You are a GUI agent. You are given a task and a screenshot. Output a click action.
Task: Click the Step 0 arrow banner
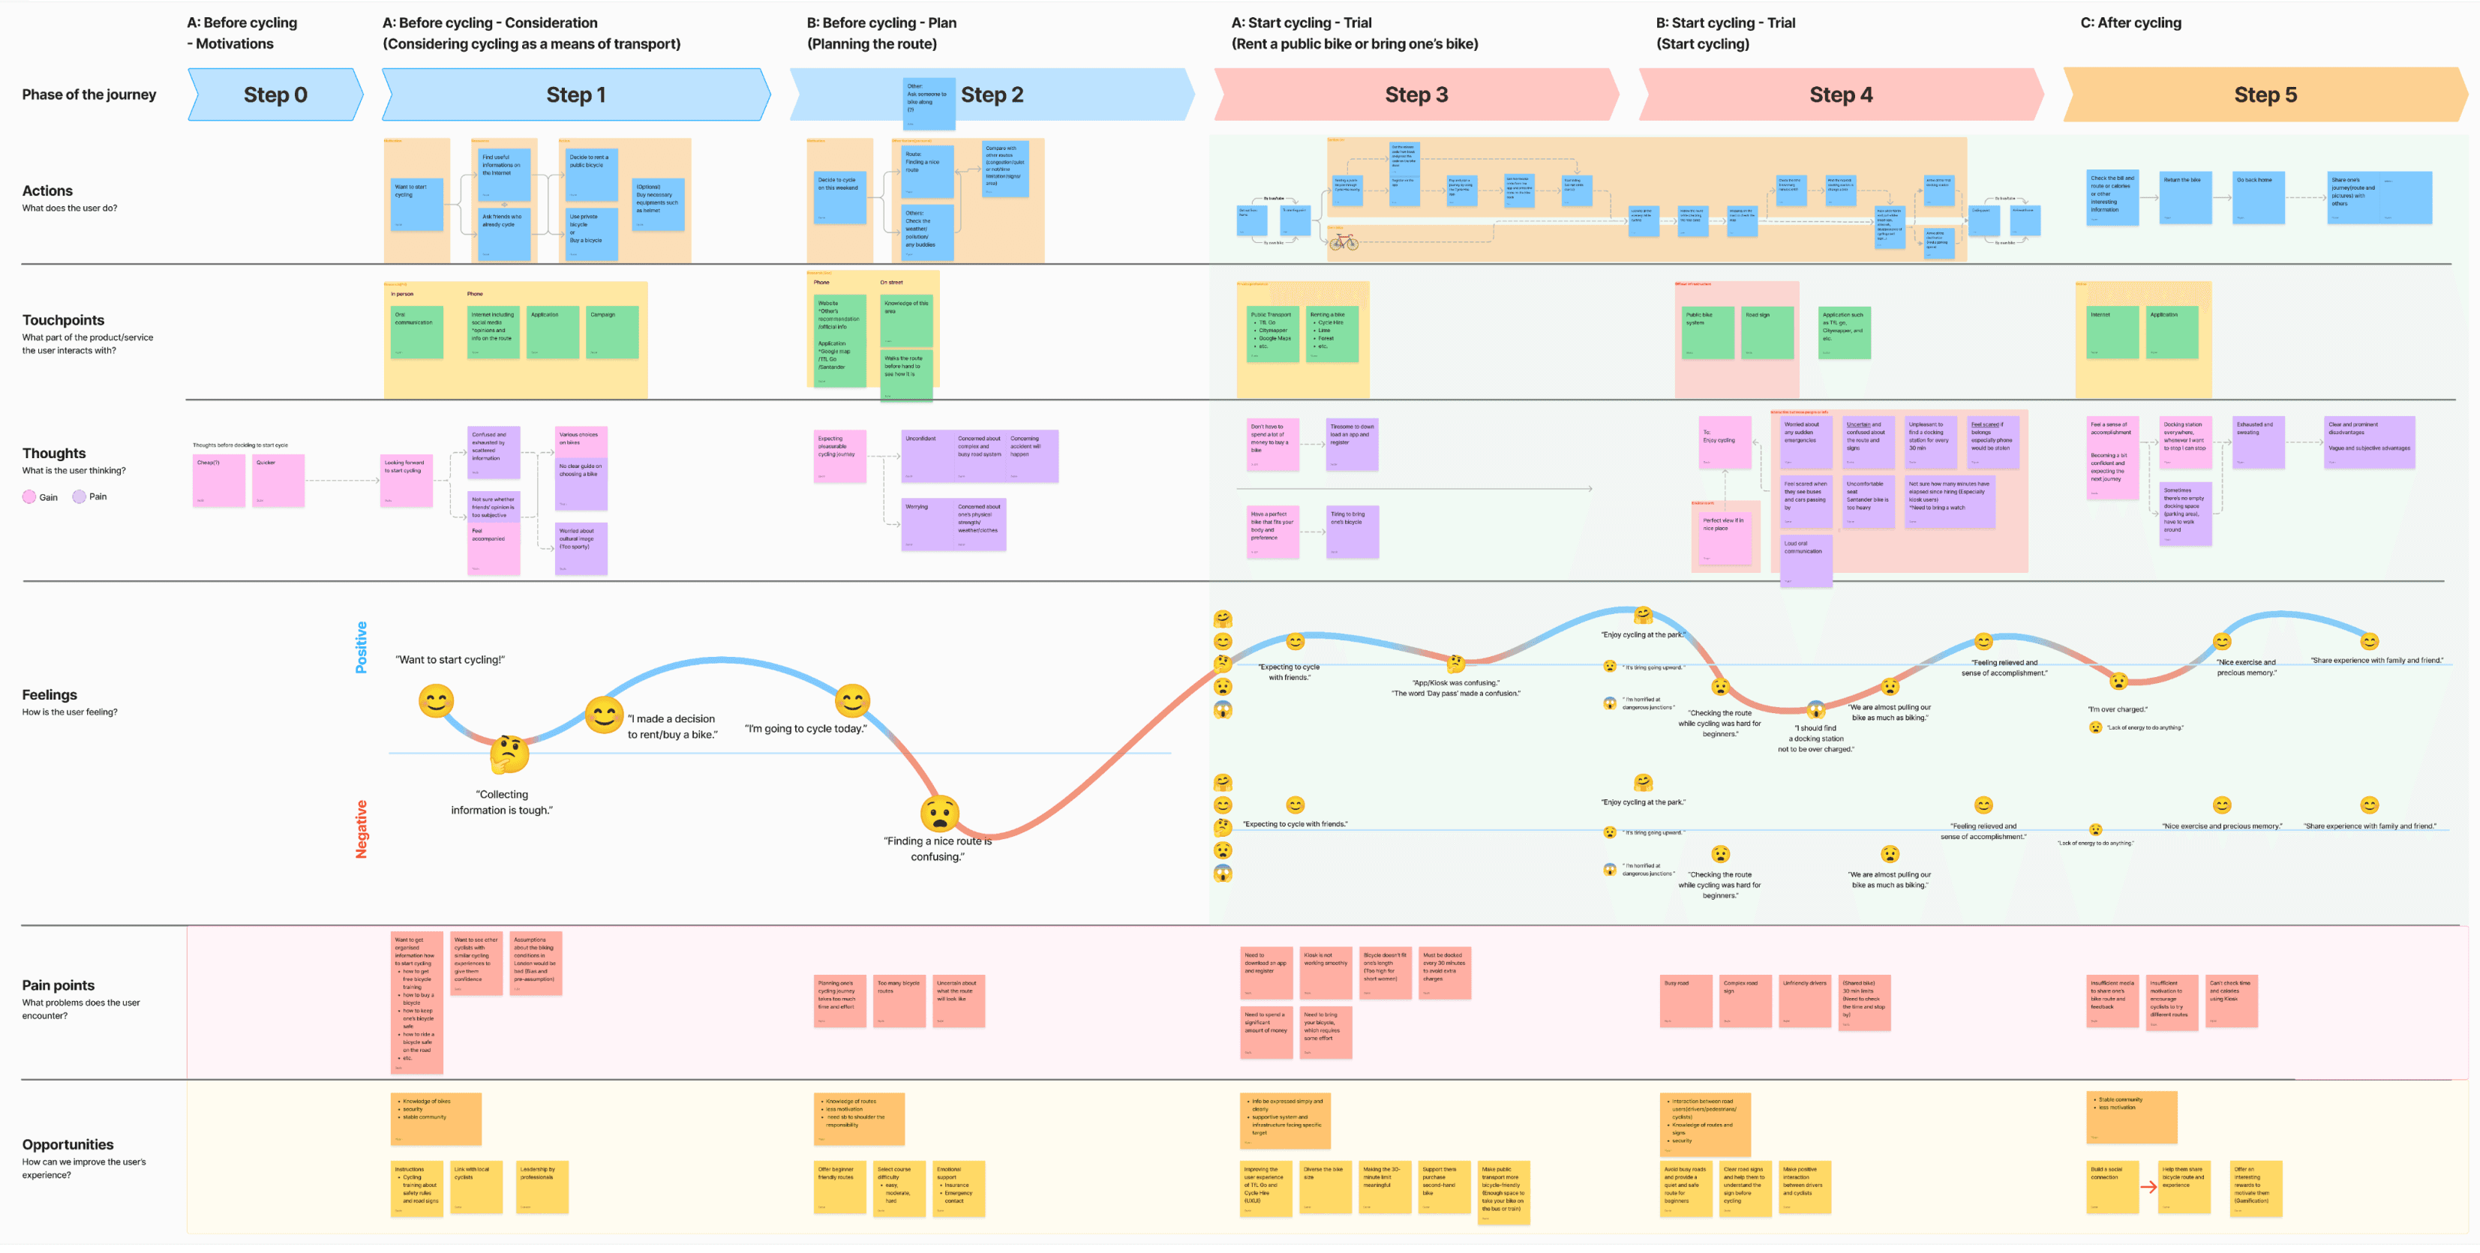pyautogui.click(x=275, y=94)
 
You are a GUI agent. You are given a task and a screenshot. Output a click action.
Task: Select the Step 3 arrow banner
pyautogui.click(x=1416, y=94)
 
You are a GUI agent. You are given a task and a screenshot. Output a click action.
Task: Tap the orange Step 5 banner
pyautogui.click(x=2265, y=94)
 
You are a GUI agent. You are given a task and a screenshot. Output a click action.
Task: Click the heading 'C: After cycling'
pyautogui.click(x=2130, y=22)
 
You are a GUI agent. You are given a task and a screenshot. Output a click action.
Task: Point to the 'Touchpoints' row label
pyautogui.click(x=64, y=320)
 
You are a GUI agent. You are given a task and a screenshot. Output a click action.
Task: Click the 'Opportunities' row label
pyautogui.click(x=68, y=1144)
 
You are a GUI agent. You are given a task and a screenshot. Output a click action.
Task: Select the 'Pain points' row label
pyautogui.click(x=58, y=985)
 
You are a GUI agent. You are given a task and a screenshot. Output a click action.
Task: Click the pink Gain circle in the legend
pyautogui.click(x=29, y=496)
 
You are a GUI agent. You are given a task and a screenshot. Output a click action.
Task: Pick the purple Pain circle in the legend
pyautogui.click(x=79, y=496)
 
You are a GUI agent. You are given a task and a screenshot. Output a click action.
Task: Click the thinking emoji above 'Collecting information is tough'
pyautogui.click(x=509, y=754)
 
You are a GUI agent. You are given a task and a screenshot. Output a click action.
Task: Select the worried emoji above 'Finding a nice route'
pyautogui.click(x=940, y=813)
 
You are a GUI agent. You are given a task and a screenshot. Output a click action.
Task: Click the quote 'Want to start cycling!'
pyautogui.click(x=449, y=660)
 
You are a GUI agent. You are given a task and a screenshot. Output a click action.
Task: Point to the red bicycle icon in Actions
pyautogui.click(x=1344, y=241)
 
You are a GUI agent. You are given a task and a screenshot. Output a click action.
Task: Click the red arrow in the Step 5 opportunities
pyautogui.click(x=2148, y=1186)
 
